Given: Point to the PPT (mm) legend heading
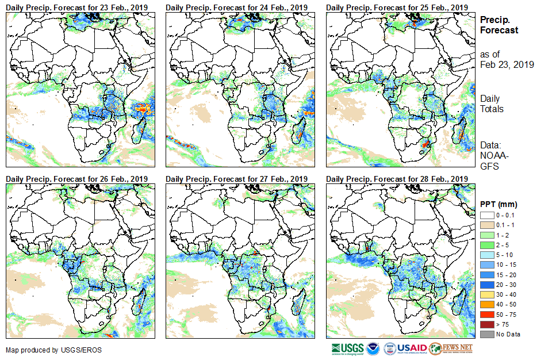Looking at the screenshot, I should pyautogui.click(x=499, y=204).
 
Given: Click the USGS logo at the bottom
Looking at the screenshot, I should pyautogui.click(x=347, y=348).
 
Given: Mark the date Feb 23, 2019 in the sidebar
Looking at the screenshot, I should pyautogui.click(x=507, y=65).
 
